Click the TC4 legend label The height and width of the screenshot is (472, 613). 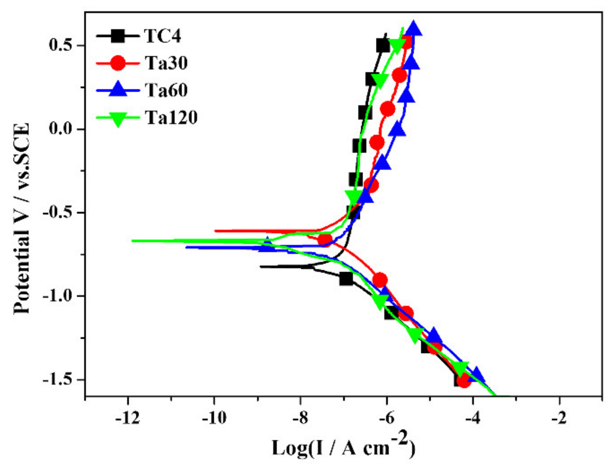[x=162, y=36]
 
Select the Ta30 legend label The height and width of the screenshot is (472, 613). [x=166, y=63]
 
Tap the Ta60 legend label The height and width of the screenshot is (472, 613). [x=166, y=90]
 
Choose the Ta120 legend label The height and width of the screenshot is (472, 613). [x=171, y=117]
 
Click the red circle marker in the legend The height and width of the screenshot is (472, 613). [x=118, y=63]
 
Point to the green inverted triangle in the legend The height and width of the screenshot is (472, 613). [x=118, y=118]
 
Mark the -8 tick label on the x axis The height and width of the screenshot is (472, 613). [x=300, y=418]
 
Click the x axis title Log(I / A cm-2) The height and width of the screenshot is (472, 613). [x=343, y=447]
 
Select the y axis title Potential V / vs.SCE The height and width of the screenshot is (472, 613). [x=22, y=218]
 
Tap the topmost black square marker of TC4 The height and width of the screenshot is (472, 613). [x=383, y=46]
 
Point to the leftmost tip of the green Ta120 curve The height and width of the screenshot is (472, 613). [x=132, y=241]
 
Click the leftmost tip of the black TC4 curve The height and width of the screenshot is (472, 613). [x=261, y=267]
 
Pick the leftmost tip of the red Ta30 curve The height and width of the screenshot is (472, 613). [x=215, y=231]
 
